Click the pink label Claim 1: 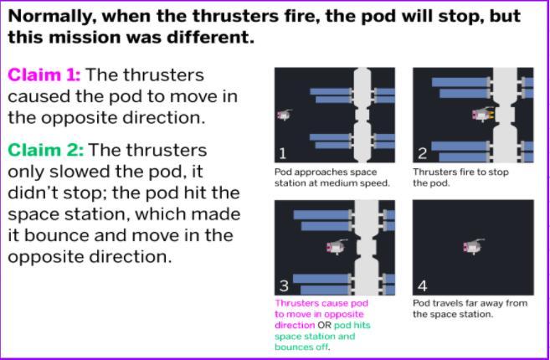click(44, 75)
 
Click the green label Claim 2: click(46, 150)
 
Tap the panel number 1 click(282, 154)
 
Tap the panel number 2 click(422, 154)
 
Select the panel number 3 click(284, 286)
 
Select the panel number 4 click(422, 286)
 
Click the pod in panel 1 click(285, 115)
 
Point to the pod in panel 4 click(474, 246)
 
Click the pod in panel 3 click(337, 247)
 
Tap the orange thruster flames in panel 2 click(490, 115)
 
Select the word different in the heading click(210, 37)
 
